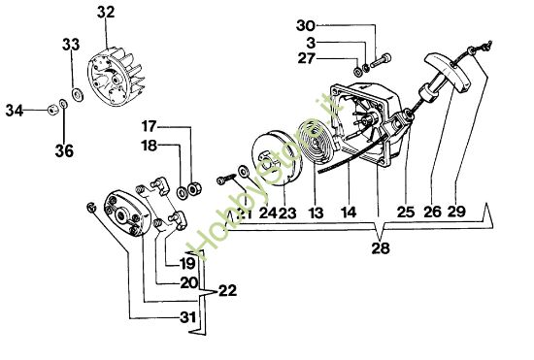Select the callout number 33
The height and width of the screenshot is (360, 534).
coord(71,45)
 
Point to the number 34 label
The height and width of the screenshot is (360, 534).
coord(14,112)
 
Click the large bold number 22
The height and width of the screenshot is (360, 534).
coord(226,290)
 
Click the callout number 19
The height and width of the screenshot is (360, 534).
coord(186,261)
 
